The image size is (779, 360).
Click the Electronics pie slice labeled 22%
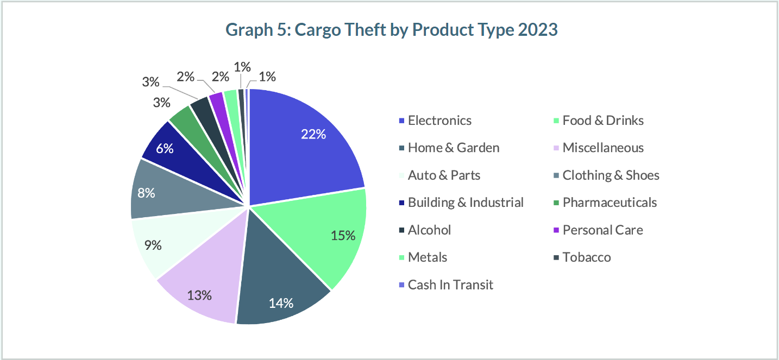click(304, 147)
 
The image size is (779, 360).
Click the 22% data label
click(313, 134)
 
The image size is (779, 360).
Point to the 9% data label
click(153, 245)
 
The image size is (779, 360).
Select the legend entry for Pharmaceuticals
click(609, 203)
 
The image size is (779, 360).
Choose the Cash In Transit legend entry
click(450, 285)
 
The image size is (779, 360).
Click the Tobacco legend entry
click(586, 257)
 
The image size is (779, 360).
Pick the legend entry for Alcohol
click(429, 230)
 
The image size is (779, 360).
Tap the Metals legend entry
click(427, 257)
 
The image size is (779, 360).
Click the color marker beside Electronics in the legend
click(401, 121)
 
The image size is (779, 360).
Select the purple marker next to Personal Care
click(556, 230)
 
